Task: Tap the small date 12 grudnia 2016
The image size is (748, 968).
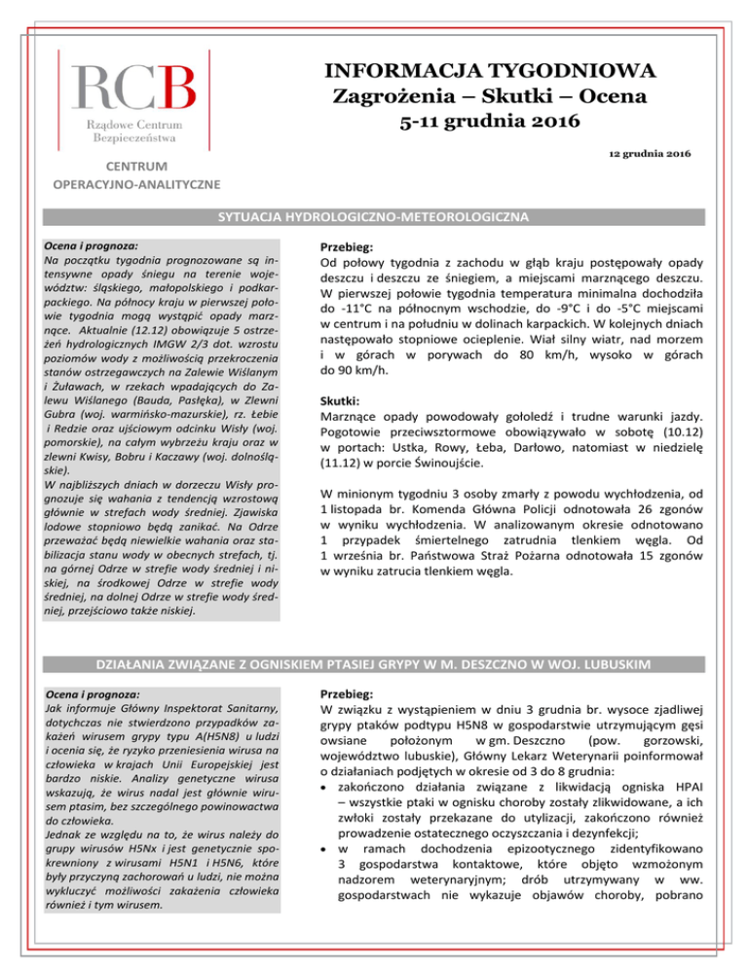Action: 645,156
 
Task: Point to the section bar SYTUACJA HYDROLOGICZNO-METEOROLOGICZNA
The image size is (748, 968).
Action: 374,215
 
